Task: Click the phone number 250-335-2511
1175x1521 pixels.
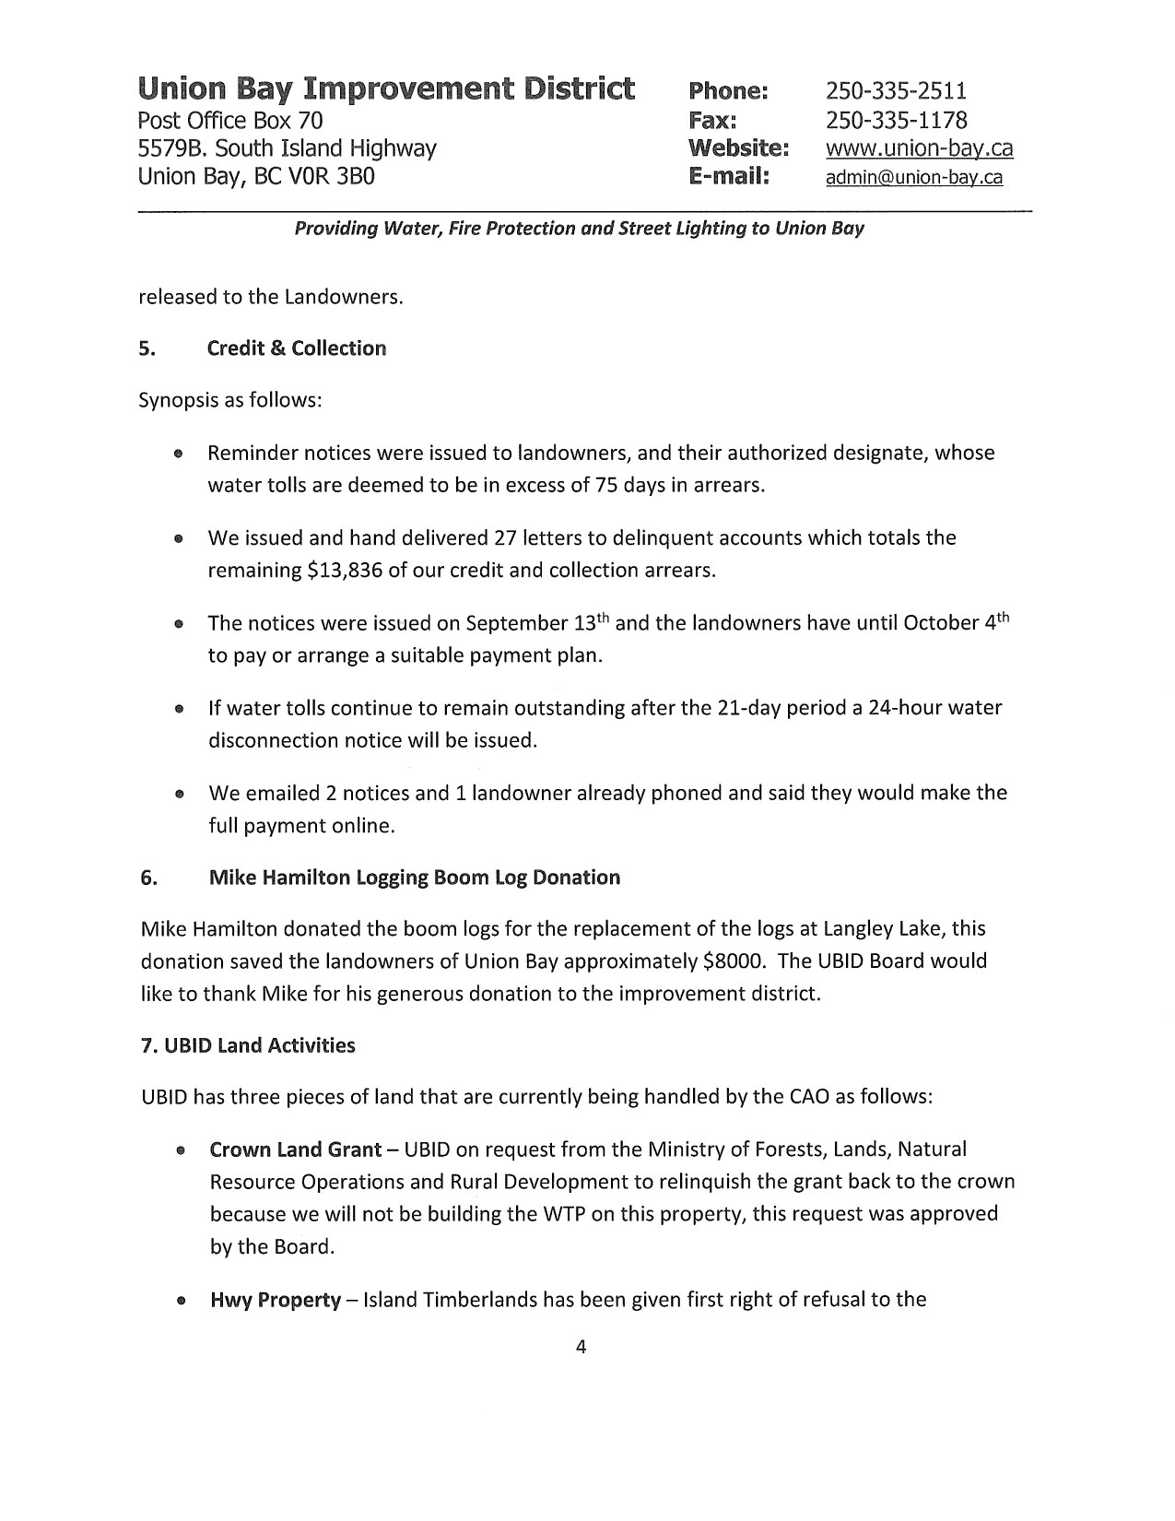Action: pos(896,90)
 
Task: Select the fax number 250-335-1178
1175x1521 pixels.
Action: pos(896,120)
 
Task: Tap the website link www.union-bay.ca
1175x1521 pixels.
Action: pos(919,148)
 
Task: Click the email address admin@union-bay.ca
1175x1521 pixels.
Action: pos(913,178)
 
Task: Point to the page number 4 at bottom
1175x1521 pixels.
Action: pos(581,1347)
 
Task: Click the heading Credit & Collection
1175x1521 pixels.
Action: pos(296,348)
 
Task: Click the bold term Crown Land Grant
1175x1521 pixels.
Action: pos(295,1150)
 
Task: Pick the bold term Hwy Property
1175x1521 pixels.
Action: pos(275,1301)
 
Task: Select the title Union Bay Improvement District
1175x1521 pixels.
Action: pos(386,89)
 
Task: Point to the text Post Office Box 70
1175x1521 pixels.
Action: pos(229,120)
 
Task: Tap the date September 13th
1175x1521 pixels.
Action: pos(537,623)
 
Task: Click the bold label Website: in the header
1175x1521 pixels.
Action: pos(738,148)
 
